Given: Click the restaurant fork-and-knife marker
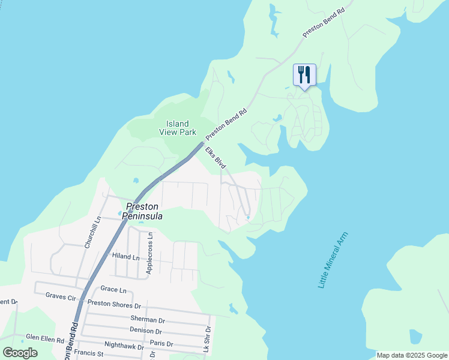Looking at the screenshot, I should point(304,75).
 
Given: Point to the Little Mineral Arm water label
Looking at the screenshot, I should point(333,259).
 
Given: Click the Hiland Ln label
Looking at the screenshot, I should point(126,256).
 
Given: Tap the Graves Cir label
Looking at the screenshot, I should point(61,296).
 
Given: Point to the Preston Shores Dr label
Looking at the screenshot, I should point(114,304).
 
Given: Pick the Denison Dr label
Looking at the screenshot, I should point(146,331).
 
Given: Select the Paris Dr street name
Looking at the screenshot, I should point(162,344).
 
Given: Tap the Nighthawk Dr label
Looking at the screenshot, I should point(124,346).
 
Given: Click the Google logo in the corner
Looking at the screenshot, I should point(20,353).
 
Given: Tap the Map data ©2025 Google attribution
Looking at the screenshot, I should point(412,355).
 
